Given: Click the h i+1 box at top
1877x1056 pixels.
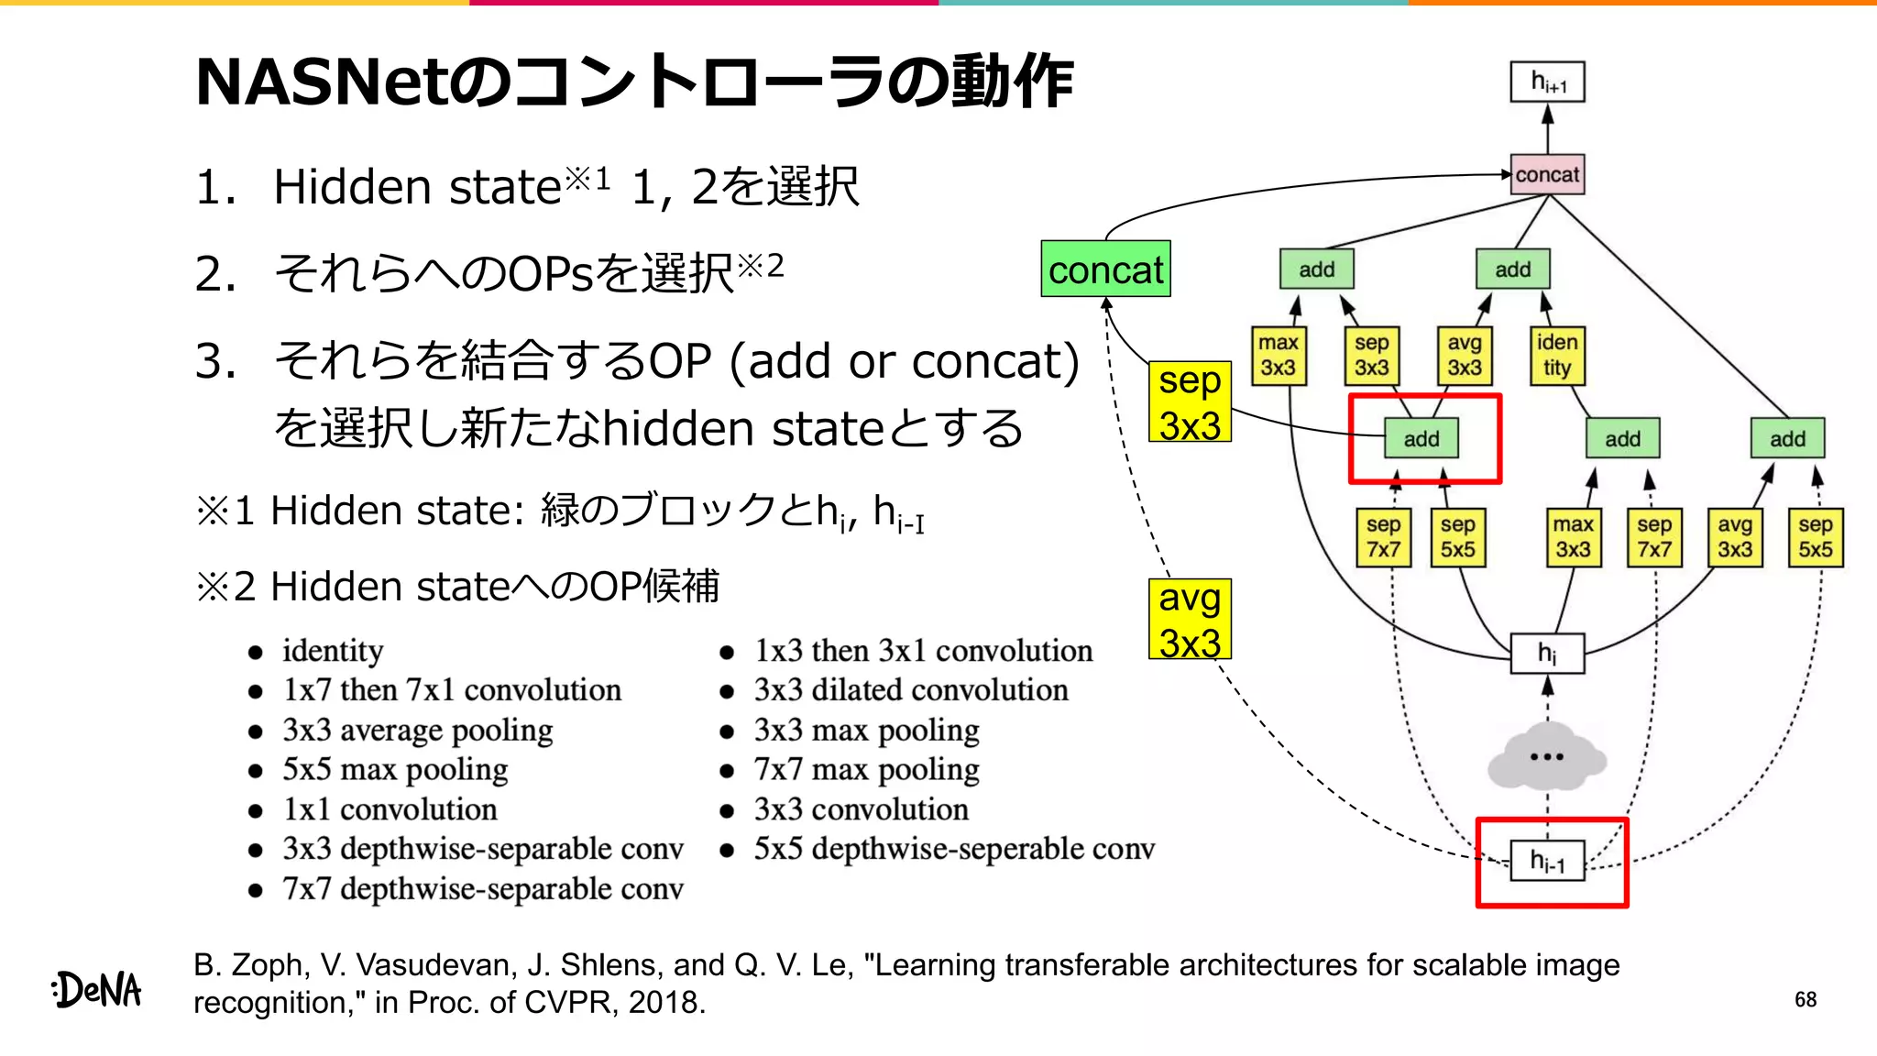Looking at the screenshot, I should pos(1547,82).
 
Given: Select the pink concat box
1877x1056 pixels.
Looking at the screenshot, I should pos(1547,174).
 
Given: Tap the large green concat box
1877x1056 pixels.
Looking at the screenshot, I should pos(1105,269).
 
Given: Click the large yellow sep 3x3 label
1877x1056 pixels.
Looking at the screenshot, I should pos(1190,402).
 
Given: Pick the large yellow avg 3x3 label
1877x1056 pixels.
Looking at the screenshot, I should pos(1190,620).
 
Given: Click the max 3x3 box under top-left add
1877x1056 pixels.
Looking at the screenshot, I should pos(1278,356).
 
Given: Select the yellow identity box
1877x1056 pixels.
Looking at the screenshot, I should pos(1556,356).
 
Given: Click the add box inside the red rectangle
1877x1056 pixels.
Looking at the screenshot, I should pos(1421,439).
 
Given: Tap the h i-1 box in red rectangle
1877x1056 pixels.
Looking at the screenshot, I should pos(1547,862).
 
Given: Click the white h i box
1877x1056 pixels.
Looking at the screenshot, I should pos(1547,654).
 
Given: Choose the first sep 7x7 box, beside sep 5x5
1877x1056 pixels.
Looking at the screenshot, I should pos(1383,537).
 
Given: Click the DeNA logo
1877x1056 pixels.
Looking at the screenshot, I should pos(97,990).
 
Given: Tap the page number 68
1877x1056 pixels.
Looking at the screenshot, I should pos(1806,1000).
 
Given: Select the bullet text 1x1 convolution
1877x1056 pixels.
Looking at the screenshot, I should pos(390,809).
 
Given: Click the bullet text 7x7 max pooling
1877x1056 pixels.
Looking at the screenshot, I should pos(866,769).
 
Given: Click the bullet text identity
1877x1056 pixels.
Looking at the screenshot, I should pos(333,651).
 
